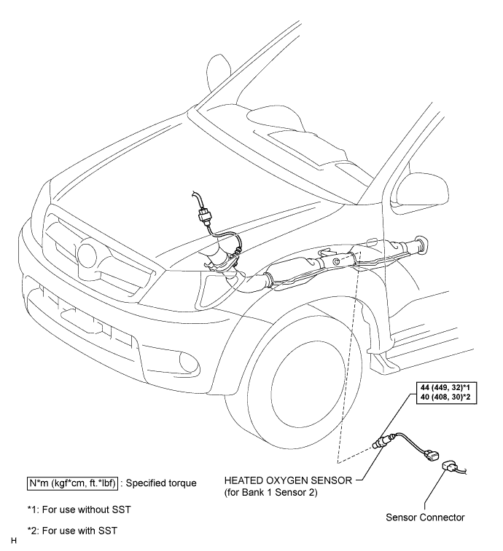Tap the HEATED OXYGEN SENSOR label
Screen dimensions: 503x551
click(x=288, y=480)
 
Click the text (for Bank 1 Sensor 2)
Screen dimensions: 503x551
click(x=270, y=492)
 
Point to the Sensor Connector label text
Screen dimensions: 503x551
click(x=425, y=518)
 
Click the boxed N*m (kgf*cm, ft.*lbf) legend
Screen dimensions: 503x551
click(x=72, y=483)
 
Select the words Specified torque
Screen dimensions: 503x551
click(x=161, y=483)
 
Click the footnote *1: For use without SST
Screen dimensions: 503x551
click(x=79, y=510)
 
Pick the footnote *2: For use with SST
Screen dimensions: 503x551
click(x=72, y=531)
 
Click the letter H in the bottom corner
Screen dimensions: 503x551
click(x=14, y=541)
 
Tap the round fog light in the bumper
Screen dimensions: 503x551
click(x=190, y=362)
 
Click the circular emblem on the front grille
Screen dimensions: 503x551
click(x=87, y=255)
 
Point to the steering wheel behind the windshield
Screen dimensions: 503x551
click(x=219, y=76)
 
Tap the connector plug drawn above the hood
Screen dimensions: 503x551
click(x=205, y=214)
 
